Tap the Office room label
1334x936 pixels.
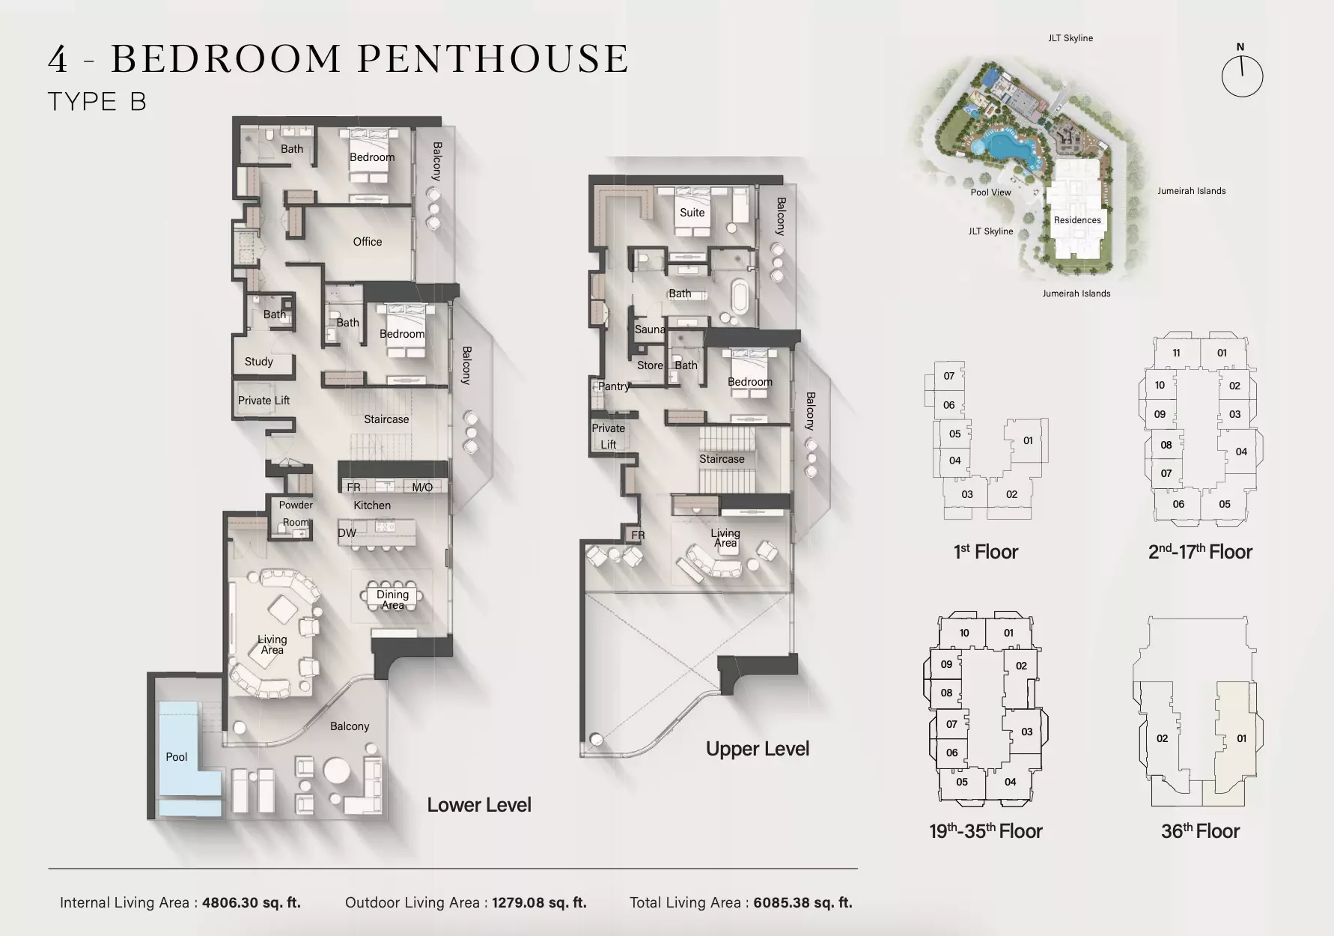click(x=368, y=242)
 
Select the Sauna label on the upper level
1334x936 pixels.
click(x=650, y=329)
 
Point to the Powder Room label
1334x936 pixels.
click(x=296, y=513)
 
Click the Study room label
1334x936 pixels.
click(x=259, y=362)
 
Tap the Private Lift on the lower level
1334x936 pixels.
click(x=264, y=401)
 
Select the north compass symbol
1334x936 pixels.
click(x=1242, y=73)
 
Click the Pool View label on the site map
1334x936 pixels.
click(x=990, y=192)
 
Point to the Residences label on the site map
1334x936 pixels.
click(x=1077, y=220)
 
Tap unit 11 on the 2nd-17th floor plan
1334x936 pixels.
click(x=1176, y=353)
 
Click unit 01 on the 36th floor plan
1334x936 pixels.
click(x=1241, y=738)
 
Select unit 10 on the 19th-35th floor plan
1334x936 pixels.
click(x=964, y=633)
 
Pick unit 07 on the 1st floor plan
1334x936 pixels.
click(x=948, y=376)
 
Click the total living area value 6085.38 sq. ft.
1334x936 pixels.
click(x=802, y=902)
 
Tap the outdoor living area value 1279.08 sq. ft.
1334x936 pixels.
click(x=539, y=902)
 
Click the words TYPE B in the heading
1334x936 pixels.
click(x=97, y=102)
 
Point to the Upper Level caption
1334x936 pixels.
click(x=758, y=749)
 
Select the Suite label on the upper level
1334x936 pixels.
click(x=692, y=213)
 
